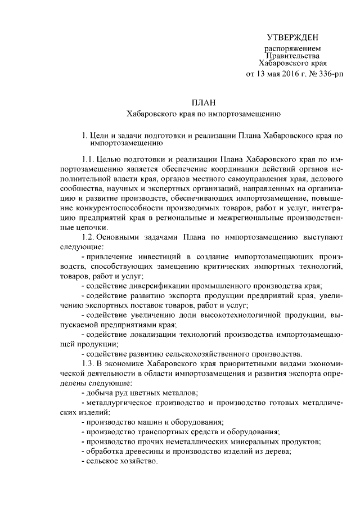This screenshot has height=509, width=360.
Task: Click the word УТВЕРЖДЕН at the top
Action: [x=292, y=38]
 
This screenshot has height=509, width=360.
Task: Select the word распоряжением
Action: [x=292, y=49]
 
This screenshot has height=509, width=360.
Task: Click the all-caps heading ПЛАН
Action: [x=204, y=102]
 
